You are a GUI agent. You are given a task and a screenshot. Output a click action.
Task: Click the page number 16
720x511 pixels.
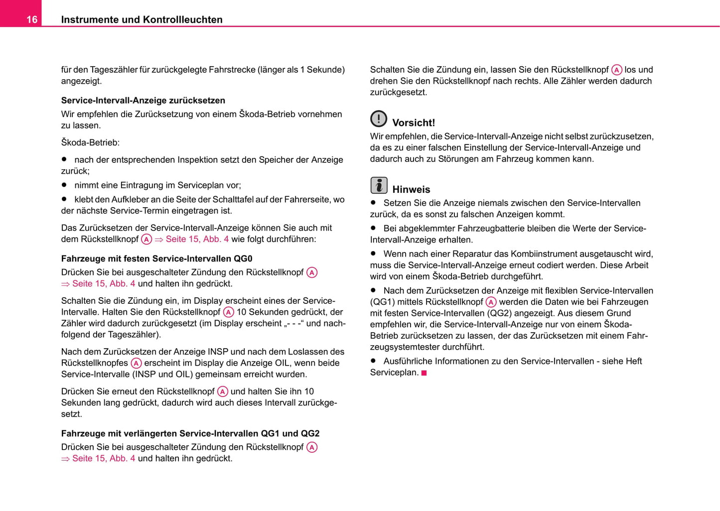click(x=31, y=19)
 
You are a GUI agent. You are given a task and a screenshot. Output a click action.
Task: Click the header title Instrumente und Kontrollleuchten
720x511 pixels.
click(x=142, y=19)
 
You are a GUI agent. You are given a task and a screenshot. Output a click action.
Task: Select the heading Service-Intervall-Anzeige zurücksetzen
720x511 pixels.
click(x=143, y=100)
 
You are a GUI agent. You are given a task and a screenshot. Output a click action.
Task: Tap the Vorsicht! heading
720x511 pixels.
click(x=414, y=123)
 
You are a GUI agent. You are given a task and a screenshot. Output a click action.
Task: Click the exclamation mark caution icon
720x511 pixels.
click(x=379, y=119)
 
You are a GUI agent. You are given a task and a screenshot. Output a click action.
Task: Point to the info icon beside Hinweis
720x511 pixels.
click(x=379, y=185)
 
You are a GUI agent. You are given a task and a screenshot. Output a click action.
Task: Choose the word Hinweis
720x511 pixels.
click(x=411, y=189)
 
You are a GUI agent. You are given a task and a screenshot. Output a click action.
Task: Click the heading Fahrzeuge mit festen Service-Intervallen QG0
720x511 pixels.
click(x=156, y=258)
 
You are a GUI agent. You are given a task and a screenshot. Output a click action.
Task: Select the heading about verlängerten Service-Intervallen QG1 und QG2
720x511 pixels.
click(x=190, y=433)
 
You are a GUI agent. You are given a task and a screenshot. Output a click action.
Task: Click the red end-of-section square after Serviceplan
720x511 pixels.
click(x=424, y=373)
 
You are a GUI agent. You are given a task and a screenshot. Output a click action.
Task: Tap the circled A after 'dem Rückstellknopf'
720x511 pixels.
click(x=146, y=240)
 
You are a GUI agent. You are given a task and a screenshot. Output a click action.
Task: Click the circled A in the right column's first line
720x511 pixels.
click(x=617, y=70)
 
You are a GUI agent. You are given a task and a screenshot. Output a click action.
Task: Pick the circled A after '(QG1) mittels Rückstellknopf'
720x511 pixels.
click(x=491, y=302)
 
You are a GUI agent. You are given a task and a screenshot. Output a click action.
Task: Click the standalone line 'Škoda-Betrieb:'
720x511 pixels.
click(x=90, y=142)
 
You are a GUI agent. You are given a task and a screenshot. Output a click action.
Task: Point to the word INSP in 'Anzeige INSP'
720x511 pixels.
click(x=218, y=352)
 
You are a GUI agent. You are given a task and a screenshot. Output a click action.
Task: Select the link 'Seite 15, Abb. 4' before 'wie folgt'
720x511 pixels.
click(x=197, y=239)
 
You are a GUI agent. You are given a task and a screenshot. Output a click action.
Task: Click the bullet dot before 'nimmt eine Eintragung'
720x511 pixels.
click(x=64, y=185)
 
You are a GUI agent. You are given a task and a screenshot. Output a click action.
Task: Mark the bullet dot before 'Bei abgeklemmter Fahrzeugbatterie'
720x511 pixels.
click(x=373, y=228)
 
